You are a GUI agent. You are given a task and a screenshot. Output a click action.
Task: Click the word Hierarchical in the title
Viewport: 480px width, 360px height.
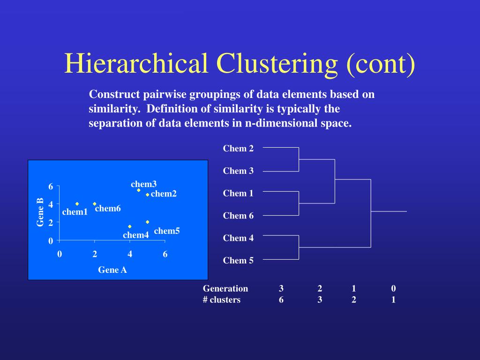136,63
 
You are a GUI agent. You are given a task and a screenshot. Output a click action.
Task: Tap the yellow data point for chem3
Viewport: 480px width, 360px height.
139,190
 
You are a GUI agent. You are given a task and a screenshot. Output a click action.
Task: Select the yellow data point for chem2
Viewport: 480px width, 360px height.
148,195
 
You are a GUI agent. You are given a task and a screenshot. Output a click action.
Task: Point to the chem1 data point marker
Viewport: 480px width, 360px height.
77,203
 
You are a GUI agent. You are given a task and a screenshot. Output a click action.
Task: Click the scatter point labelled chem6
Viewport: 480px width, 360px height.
95,203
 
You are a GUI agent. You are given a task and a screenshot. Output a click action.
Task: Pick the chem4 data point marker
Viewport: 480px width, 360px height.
130,226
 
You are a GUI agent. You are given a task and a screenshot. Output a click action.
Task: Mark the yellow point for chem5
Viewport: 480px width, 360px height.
148,222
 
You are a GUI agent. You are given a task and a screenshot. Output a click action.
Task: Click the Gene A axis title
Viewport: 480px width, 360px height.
112,270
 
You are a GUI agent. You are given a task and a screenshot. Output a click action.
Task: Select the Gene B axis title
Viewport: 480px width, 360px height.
40,212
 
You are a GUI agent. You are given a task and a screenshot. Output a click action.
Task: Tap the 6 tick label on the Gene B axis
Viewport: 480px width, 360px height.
51,187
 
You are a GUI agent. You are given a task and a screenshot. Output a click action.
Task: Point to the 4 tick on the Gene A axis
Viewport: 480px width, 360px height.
130,254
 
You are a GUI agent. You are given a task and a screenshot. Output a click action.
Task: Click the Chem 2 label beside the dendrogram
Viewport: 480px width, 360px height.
238,149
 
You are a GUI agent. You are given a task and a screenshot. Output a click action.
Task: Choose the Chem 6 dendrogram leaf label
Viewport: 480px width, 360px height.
238,216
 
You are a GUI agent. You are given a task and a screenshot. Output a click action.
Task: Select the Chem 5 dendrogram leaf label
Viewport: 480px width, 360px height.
238,261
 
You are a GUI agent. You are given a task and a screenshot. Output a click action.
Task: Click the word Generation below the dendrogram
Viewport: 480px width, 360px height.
225,289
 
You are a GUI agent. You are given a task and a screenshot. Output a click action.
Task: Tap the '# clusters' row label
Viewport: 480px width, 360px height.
222,300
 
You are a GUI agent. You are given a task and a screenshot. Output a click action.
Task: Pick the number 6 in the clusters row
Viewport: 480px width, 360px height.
281,300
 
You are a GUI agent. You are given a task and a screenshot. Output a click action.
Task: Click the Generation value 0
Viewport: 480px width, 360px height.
394,289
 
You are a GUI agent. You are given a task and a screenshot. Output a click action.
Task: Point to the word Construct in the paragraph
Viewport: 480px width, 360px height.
115,94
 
